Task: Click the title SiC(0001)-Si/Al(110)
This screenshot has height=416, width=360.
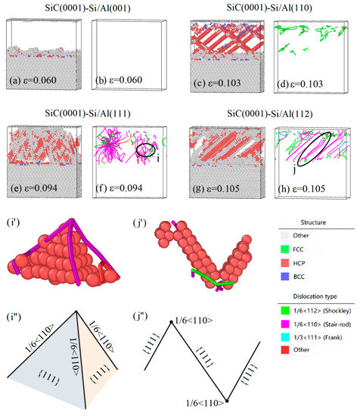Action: (x=268, y=7)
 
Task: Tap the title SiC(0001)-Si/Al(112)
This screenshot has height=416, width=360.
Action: (x=268, y=110)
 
